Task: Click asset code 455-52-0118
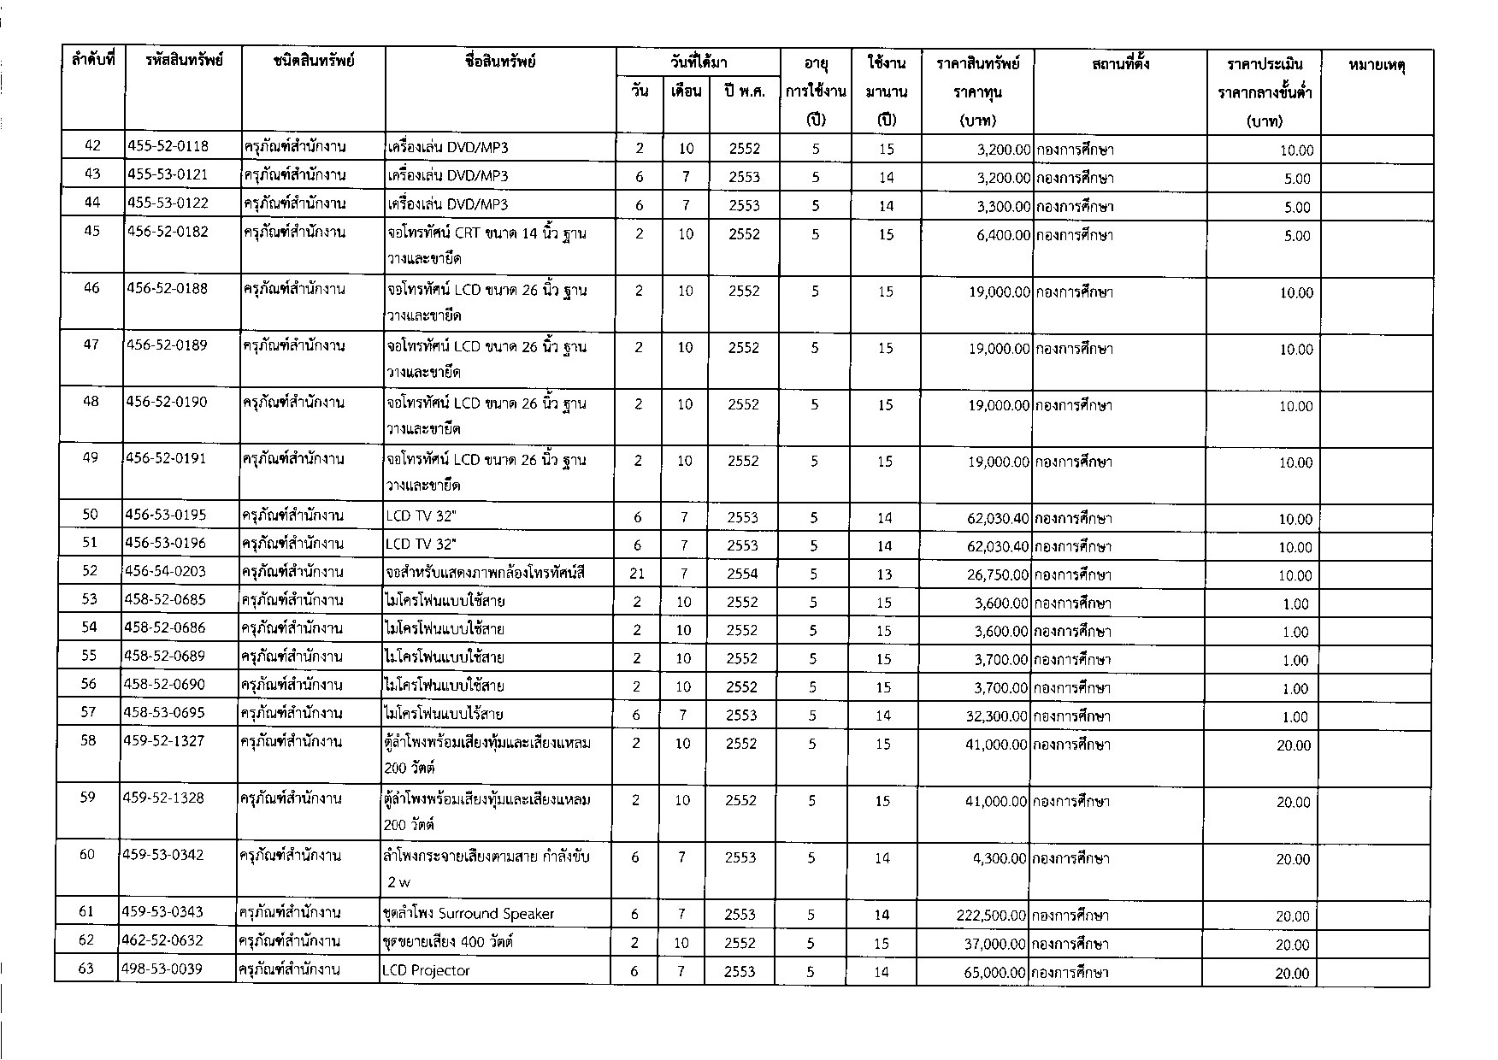point(168,147)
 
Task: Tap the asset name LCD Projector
point(426,971)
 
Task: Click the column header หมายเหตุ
point(1377,64)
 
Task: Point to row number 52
point(90,571)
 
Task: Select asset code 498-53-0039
point(163,970)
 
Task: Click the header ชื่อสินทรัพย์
point(500,62)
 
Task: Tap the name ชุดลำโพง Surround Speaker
point(468,914)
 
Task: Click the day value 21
point(637,574)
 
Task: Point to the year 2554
point(742,574)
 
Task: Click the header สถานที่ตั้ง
point(1120,63)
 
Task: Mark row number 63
point(86,969)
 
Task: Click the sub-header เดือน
point(686,91)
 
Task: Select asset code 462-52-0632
point(163,941)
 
